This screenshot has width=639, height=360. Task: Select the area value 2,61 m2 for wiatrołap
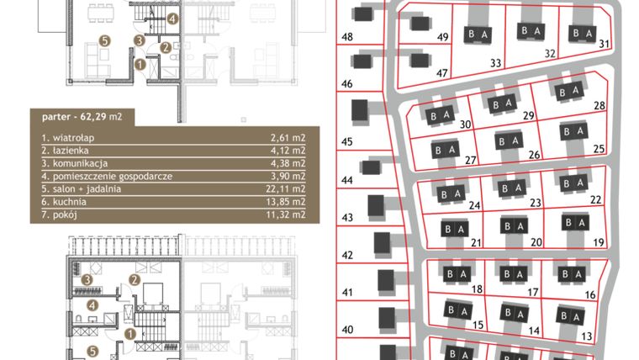point(286,135)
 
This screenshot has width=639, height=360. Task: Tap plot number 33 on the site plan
point(496,63)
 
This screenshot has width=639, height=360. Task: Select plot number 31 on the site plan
point(604,45)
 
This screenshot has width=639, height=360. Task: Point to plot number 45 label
point(347,140)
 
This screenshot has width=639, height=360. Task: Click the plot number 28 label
point(599,105)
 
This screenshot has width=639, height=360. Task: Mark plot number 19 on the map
point(599,242)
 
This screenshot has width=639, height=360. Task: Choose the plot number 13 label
point(587,336)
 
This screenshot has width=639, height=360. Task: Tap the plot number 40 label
point(347,329)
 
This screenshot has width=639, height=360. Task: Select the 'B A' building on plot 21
point(454,228)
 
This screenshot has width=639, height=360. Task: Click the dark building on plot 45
point(360,111)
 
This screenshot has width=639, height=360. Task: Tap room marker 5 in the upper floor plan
point(103,40)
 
